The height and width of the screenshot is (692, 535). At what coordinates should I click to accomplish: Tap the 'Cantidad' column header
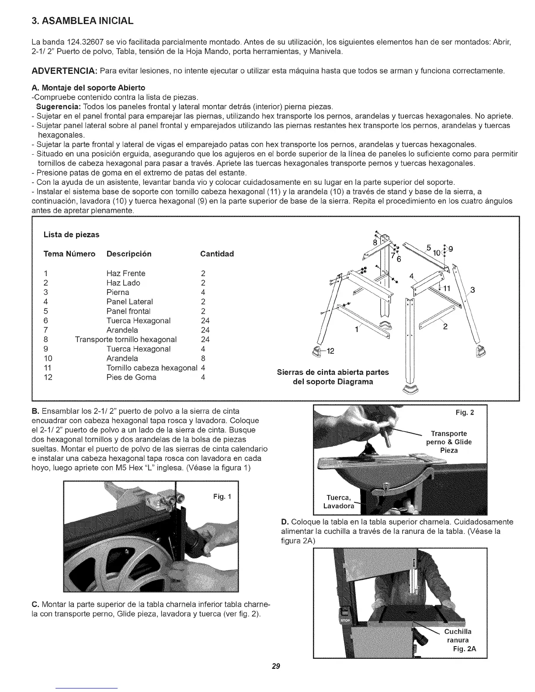coord(217,254)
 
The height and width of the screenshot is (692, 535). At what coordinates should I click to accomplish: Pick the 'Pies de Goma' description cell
coord(131,377)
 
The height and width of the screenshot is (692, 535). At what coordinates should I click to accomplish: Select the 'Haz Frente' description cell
coord(126,273)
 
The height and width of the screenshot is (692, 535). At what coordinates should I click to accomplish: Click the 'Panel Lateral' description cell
coord(129,301)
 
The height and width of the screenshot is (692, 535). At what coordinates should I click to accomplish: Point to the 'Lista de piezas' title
coord(71,235)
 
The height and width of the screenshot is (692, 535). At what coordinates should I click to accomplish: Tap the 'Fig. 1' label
coord(222,497)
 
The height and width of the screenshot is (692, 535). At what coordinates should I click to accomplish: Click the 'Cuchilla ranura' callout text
coord(458,636)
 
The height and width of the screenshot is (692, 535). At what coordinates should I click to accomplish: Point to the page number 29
coord(275,667)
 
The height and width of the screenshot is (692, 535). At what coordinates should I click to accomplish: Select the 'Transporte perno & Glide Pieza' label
coord(449,442)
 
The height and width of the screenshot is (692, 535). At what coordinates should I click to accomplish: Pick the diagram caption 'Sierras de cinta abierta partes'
coord(333,372)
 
